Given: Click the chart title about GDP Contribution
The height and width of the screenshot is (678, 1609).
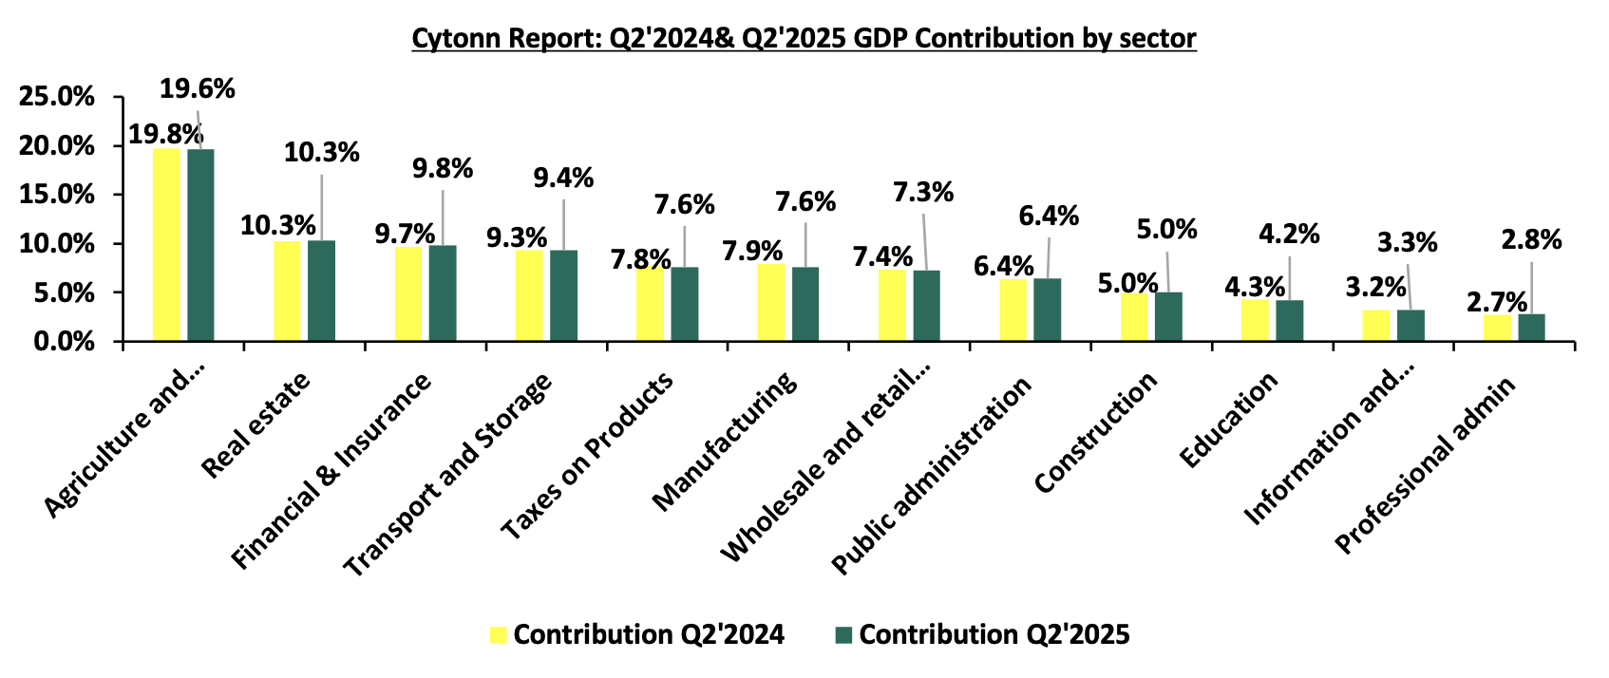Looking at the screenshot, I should [x=804, y=38].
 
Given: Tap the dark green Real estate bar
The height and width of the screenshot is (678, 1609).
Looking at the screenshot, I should [x=321, y=291].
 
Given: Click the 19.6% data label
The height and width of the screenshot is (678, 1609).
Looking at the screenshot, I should [x=197, y=89].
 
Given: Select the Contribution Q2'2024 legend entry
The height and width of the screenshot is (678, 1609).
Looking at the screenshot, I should [x=636, y=634].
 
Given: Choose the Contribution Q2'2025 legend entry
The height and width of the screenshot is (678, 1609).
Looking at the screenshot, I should [x=982, y=634].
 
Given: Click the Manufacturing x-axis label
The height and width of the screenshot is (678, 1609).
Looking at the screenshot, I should [x=726, y=441].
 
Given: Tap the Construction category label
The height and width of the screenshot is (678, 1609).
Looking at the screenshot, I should [x=1096, y=432].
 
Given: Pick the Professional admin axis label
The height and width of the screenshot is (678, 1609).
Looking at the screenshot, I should [x=1424, y=464].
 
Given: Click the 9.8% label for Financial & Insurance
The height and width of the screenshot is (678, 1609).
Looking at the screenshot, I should [x=443, y=169].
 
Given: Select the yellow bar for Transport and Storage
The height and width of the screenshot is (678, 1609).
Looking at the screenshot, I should [x=529, y=295].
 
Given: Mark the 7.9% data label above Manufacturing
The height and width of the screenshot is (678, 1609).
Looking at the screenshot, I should [x=752, y=251].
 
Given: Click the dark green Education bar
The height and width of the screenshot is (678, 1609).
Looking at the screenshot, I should [x=1290, y=321].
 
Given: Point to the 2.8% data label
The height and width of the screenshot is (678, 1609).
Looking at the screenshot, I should [x=1531, y=240].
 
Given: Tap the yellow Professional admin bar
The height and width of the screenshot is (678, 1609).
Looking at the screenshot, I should [x=1498, y=328].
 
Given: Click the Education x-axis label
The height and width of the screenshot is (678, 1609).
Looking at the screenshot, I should [x=1229, y=419].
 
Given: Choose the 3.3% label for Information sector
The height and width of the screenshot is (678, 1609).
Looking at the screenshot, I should [x=1408, y=243].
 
